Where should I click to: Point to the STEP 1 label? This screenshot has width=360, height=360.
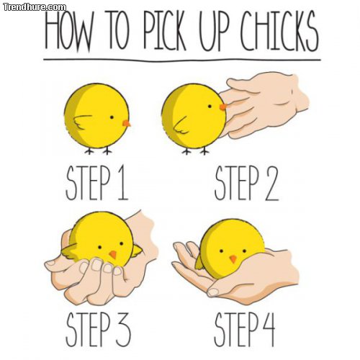pos(96,185)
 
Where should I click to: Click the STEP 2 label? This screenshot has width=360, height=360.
pos(246,185)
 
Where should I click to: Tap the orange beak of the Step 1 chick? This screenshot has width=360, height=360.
pos(127,124)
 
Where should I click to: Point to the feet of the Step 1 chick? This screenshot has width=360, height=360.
pos(97,151)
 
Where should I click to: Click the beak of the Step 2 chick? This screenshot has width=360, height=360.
pos(222,107)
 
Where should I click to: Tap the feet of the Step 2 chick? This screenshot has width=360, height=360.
pos(194,151)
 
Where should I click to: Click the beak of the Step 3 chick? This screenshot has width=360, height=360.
pos(113,255)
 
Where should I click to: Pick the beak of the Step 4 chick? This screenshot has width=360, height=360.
pos(233,258)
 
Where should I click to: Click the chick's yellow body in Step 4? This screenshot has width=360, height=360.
pos(230,241)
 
